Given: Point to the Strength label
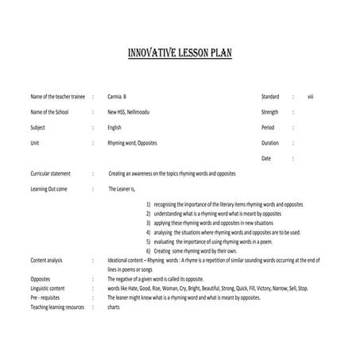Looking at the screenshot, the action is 270,112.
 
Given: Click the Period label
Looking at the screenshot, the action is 267,127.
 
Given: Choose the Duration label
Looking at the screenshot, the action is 270,142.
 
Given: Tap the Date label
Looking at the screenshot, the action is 265,158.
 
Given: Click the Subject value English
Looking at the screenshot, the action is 115,127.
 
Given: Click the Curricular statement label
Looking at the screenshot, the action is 51,173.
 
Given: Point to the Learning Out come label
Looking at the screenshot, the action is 49,188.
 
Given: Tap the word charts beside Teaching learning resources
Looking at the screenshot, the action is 114,307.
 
